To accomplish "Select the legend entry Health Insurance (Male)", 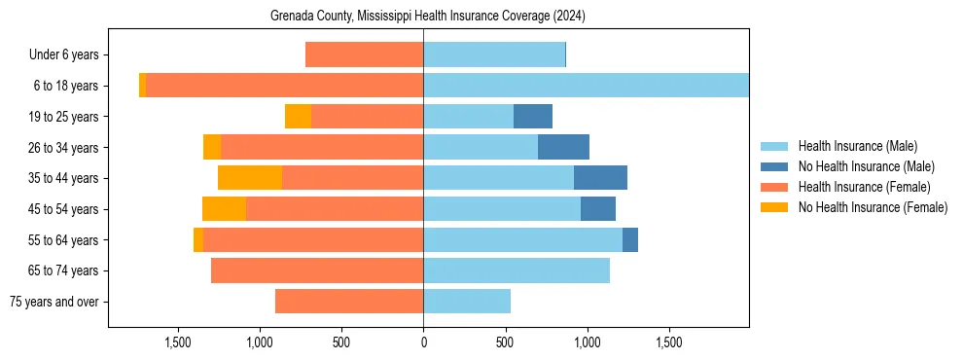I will [x=857, y=146].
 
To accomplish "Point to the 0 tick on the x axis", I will [x=423, y=342].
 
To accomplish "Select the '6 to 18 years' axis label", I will [x=65, y=86].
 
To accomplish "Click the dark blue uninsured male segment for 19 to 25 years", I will [x=533, y=117].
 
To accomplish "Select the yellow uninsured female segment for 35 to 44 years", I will [x=250, y=178].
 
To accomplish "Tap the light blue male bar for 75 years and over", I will [x=467, y=302].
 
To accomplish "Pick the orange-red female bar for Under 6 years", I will [x=364, y=54].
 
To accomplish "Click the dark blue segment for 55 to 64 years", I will [x=630, y=239].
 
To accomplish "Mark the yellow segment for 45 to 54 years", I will [x=224, y=209].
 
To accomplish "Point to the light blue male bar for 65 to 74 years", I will [x=517, y=270].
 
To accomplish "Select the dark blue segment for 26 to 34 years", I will [x=563, y=147].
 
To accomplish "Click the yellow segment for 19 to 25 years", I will [x=298, y=117].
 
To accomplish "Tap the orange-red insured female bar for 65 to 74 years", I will [x=317, y=270].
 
